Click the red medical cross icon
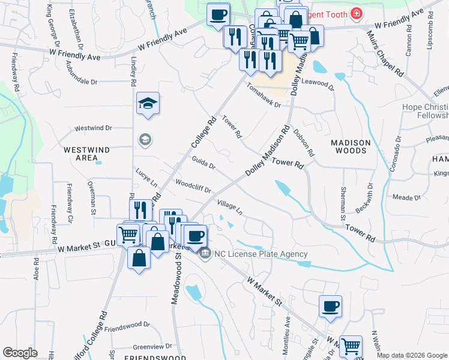(x=357, y=13)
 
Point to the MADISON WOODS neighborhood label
(x=351, y=148)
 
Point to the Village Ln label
(x=230, y=207)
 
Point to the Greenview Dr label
(x=152, y=346)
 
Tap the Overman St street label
(x=93, y=199)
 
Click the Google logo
(x=20, y=353)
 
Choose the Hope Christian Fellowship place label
(x=425, y=111)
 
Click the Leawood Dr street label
(x=317, y=84)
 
